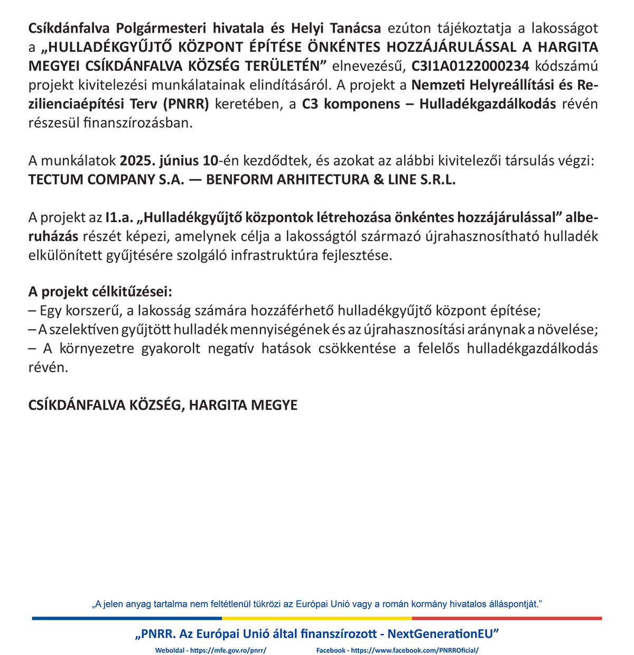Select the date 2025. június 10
(169, 160)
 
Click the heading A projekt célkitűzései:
(100, 292)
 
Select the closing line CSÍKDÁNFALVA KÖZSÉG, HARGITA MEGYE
(163, 405)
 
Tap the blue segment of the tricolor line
(127, 618)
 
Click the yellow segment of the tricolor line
(317, 618)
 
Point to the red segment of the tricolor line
(507, 618)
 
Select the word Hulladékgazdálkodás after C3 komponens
(488, 104)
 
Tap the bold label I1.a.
(119, 217)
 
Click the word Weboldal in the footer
(170, 650)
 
